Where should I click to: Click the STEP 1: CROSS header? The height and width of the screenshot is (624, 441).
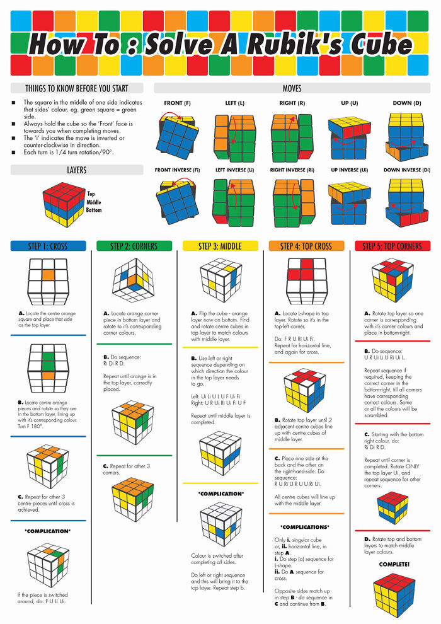click(49, 246)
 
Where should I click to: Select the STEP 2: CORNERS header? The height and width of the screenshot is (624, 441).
click(134, 246)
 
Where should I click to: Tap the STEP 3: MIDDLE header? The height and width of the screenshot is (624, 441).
click(220, 246)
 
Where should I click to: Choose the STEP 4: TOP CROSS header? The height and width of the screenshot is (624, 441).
click(306, 246)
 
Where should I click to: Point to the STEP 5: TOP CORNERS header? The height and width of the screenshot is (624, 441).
click(392, 246)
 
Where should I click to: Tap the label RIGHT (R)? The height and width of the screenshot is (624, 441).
click(292, 103)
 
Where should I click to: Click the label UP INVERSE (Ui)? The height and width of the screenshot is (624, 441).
click(348, 170)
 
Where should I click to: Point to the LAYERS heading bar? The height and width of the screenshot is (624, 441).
click(77, 170)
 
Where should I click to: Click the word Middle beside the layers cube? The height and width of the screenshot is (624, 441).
click(93, 202)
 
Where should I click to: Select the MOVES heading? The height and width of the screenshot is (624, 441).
click(292, 88)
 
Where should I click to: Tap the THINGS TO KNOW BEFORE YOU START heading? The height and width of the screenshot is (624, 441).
click(77, 88)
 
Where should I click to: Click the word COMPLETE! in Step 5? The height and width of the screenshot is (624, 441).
click(394, 564)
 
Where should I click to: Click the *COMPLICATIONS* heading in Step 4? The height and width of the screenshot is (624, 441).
click(306, 527)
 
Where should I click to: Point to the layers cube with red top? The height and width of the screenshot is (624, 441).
click(63, 205)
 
